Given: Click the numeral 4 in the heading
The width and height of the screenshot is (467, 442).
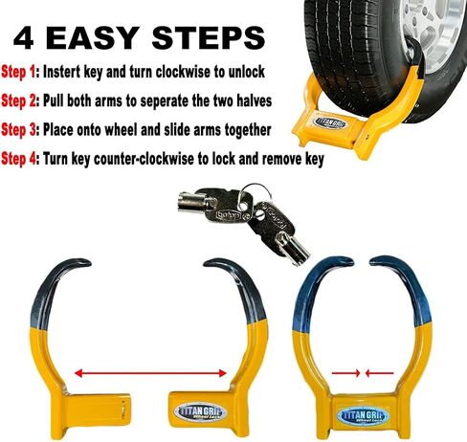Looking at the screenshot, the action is point(24,38).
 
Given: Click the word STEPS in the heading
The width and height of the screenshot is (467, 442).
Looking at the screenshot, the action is point(209,38).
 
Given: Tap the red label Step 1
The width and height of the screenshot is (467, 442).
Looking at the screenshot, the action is point(18,72).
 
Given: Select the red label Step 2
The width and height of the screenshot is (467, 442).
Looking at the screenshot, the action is point(18,101).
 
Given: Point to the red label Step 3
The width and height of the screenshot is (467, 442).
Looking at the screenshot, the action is point(18,130).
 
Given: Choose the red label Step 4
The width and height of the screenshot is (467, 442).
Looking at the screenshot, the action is point(19,159).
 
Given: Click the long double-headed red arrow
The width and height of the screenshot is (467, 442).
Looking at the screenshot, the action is point(150,373).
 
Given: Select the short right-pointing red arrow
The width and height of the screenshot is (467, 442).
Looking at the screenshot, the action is point(346,372).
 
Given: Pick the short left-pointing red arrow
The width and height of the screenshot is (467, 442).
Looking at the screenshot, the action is point(379,372).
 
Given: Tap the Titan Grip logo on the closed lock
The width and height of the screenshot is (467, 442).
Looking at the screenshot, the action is point(364,416).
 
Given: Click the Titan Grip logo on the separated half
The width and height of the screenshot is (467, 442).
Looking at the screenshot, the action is point(201,411).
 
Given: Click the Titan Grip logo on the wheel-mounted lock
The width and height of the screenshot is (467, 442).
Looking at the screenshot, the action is point(331,123).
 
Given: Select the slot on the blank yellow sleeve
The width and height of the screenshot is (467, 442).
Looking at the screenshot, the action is point(122,409).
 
